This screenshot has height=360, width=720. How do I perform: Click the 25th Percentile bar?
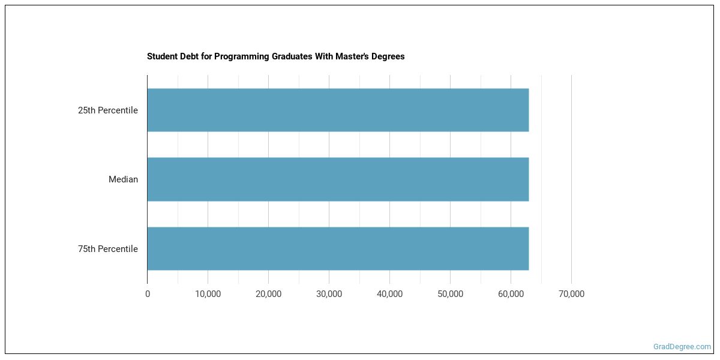click(x=338, y=110)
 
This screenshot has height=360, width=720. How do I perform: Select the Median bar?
click(x=338, y=179)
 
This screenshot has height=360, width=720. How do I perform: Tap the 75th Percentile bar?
click(x=338, y=248)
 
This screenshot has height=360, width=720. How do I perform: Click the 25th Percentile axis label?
click(x=108, y=110)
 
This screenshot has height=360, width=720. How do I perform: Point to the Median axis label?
click(x=123, y=179)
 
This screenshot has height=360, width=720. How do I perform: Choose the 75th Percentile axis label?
click(x=108, y=249)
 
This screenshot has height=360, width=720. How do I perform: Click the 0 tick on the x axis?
click(x=148, y=294)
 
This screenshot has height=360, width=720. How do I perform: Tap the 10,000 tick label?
click(x=208, y=294)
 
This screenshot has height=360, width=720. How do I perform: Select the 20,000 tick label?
click(x=268, y=294)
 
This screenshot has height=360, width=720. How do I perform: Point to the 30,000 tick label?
click(x=329, y=294)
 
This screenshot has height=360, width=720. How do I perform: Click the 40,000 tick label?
click(x=389, y=294)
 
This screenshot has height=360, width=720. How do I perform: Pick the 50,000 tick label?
click(x=450, y=294)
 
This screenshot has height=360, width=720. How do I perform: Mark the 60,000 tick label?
click(x=511, y=294)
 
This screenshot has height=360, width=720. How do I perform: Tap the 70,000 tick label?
click(x=571, y=294)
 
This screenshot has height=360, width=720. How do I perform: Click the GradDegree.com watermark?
click(x=682, y=347)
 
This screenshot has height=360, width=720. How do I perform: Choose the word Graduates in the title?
click(x=285, y=56)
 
